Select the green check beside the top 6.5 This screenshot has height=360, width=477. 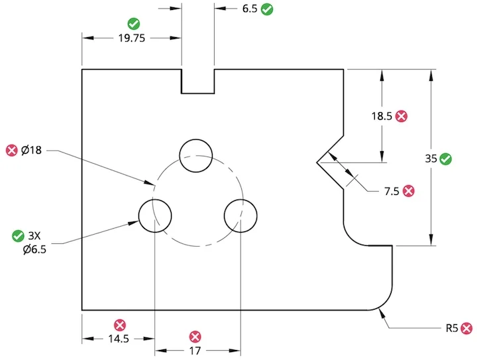click(x=268, y=9)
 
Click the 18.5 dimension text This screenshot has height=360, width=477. click(x=381, y=116)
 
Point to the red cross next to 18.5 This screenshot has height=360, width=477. click(x=401, y=116)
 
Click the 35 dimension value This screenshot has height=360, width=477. click(x=431, y=158)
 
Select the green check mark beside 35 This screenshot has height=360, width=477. click(x=446, y=158)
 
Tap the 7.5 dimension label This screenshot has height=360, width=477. click(x=392, y=191)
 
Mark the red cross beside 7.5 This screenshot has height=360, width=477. click(x=409, y=191)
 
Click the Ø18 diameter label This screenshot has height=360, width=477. click(x=31, y=150)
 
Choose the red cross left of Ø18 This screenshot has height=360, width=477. click(x=11, y=150)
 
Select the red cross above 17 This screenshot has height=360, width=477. click(x=194, y=336)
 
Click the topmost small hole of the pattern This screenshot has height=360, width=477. click(x=197, y=155)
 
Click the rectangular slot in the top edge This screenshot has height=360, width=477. click(x=197, y=81)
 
